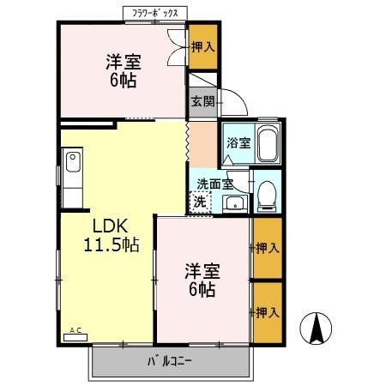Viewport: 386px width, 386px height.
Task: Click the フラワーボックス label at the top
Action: (154, 14)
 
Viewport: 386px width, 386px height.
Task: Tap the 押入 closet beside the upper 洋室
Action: (202, 47)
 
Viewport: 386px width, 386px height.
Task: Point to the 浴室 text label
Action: (238, 143)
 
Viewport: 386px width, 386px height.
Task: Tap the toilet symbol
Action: (266, 195)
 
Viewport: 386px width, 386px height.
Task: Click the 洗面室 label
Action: (214, 184)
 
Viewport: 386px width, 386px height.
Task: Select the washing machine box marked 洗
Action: (200, 203)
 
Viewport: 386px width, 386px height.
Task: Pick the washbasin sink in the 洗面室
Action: (233, 203)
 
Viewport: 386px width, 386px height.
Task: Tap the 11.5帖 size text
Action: (111, 245)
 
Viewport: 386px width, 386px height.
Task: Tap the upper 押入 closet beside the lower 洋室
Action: (267, 249)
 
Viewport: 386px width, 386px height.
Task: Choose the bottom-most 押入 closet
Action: (267, 312)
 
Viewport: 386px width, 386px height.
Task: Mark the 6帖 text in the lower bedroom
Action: (204, 290)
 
